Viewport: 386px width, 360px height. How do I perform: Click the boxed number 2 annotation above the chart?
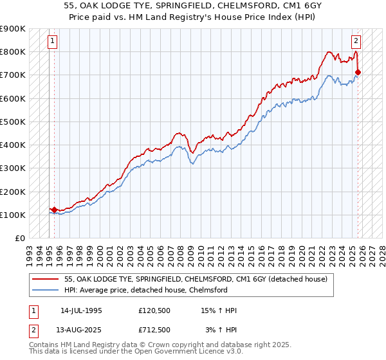[356, 40]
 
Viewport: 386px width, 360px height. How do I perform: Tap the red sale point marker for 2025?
[358, 72]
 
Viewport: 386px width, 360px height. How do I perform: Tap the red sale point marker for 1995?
[54, 210]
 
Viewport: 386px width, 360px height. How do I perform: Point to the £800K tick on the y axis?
[13, 51]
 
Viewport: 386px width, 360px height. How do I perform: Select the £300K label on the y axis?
[13, 168]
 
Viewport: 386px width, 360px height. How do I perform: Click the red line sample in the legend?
[46, 279]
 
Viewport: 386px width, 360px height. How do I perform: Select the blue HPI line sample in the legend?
[46, 290]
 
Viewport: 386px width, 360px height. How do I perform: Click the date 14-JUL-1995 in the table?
[81, 310]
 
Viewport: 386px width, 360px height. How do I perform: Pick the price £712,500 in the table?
[154, 329]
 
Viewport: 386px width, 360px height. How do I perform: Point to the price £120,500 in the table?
[154, 310]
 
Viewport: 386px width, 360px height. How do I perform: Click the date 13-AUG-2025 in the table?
[81, 329]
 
